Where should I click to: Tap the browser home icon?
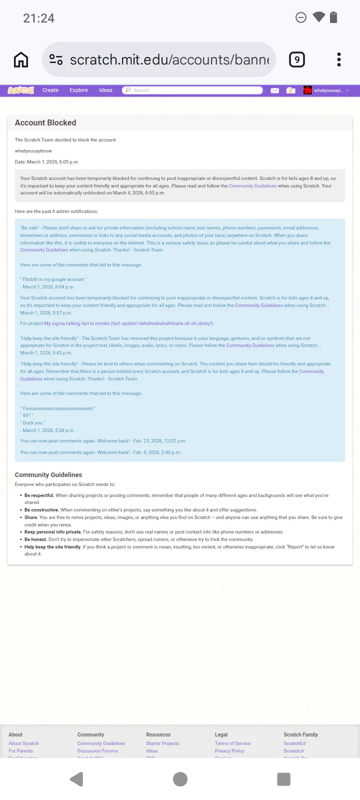(x=21, y=60)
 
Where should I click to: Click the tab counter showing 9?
(x=297, y=60)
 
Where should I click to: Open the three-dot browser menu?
(x=339, y=60)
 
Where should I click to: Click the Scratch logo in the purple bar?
(x=21, y=90)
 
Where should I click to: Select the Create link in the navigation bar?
(x=50, y=90)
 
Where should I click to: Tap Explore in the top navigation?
(x=78, y=90)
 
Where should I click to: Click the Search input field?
(x=195, y=90)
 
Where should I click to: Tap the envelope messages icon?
(x=274, y=90)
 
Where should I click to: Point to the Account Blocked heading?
(x=45, y=123)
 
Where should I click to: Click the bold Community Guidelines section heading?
(x=48, y=475)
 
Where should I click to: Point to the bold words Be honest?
(x=35, y=539)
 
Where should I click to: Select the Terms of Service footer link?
(x=232, y=743)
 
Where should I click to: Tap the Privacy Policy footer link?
(x=229, y=751)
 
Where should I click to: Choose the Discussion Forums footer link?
(x=97, y=751)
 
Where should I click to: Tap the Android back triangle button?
(x=76, y=779)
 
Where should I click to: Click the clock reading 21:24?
(x=38, y=18)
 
